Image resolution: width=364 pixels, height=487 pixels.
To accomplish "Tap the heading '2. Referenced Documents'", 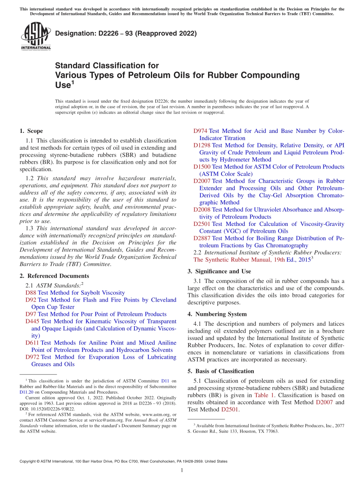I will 54,276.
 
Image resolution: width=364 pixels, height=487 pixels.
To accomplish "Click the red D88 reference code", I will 31,293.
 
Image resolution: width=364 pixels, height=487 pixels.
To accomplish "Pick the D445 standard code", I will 32,322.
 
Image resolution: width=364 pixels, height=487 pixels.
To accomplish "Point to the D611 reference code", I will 32,343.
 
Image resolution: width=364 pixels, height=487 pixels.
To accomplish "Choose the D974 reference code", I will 200,131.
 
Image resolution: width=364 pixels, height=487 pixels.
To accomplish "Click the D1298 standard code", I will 202,145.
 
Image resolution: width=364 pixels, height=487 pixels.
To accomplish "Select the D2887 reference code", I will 202,239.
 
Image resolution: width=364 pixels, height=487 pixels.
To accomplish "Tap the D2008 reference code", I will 202,210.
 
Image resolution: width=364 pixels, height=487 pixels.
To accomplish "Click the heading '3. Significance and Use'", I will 219,271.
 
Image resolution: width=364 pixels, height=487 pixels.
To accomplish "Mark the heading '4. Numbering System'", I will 217,314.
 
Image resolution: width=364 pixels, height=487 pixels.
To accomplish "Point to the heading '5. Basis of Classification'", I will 221,371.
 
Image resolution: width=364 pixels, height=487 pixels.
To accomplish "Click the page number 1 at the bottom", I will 182,471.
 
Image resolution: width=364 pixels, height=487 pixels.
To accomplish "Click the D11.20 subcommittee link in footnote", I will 26,392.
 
